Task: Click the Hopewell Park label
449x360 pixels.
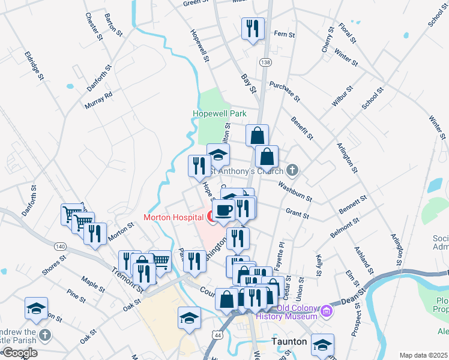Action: pyautogui.click(x=219, y=113)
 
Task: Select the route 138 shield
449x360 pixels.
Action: pyautogui.click(x=265, y=62)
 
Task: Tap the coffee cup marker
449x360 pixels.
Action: pyautogui.click(x=223, y=210)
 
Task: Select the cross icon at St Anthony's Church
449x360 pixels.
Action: pyautogui.click(x=292, y=170)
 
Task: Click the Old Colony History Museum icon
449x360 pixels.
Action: pyautogui.click(x=327, y=310)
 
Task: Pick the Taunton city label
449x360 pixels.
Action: pyautogui.click(x=289, y=341)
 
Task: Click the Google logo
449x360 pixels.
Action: pyautogui.click(x=20, y=353)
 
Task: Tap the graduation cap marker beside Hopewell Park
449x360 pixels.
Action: pyautogui.click(x=218, y=154)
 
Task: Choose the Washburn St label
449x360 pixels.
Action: pyautogui.click(x=295, y=191)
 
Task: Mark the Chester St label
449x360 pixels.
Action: pyautogui.click(x=93, y=26)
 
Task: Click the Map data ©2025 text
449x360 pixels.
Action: pyautogui.click(x=423, y=355)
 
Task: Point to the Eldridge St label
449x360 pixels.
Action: pyautogui.click(x=34, y=65)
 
